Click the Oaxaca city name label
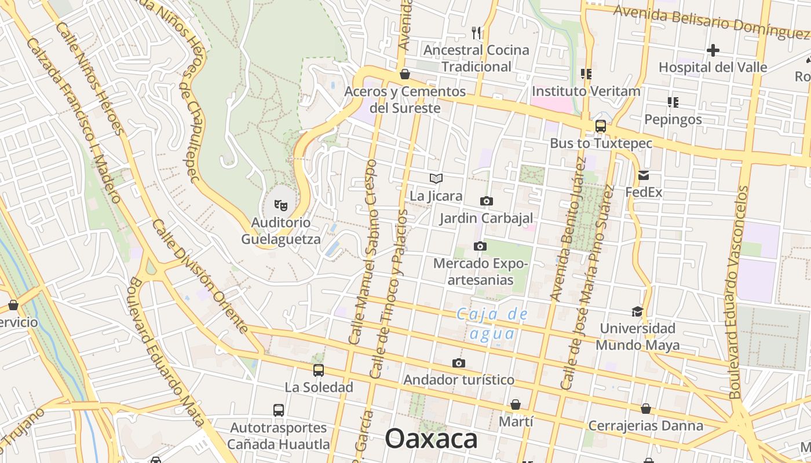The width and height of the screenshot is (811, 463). pos(431,439)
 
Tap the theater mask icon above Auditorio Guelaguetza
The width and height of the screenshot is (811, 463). pos(281,204)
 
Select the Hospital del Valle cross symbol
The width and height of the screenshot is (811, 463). pos(713,50)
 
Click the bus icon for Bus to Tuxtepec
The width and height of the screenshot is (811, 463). pos(601,126)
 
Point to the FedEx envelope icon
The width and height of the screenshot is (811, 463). pos(644,175)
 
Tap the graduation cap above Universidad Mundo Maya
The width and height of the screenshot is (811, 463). pos(637,311)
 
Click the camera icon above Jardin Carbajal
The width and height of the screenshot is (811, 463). pos(487,201)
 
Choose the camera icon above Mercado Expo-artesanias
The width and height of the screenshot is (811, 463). pos(480,246)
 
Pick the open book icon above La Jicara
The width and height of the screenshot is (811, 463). pos(436,179)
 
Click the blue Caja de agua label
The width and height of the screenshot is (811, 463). pos(492,324)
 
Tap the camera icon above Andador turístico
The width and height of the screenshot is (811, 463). pos(459,363)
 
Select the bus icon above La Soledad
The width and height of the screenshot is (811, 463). pos(318,370)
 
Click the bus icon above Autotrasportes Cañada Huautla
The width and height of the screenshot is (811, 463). pos(279,410)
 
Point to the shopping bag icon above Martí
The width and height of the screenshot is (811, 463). pos(516,404)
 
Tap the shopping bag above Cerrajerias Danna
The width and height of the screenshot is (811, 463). pos(646,409)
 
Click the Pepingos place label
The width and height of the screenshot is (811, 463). pos(673,119)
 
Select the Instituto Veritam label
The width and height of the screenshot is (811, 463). pos(586,91)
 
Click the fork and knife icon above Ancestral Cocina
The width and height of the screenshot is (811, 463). pos(476,32)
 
